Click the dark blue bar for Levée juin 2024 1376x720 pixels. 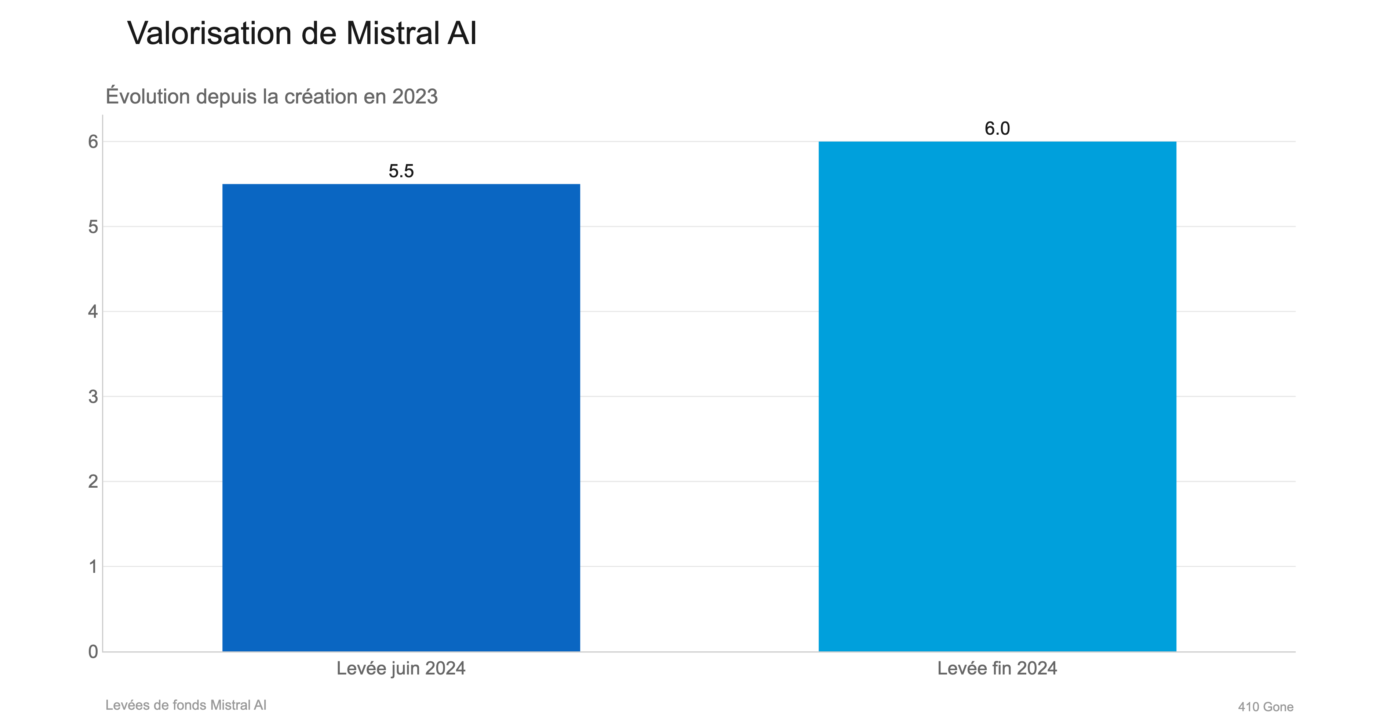pos(401,418)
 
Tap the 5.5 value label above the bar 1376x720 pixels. pos(401,171)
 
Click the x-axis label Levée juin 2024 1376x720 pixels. pos(401,668)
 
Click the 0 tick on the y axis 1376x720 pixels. pos(93,652)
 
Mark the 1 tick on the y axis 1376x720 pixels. pos(93,566)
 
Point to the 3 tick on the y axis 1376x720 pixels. pos(93,396)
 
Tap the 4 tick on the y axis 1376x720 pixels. pos(93,312)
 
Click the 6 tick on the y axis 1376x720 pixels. pos(93,142)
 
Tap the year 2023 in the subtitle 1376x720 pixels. pos(415,97)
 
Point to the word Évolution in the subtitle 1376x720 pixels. pos(148,97)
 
